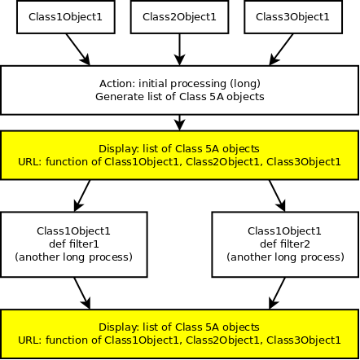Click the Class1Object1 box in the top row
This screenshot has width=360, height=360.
click(66, 17)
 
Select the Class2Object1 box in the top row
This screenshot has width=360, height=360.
click(179, 17)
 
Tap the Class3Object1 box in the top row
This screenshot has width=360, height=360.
click(293, 17)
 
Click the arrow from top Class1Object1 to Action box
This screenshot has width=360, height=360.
click(78, 50)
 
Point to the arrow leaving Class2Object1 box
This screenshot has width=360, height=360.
click(179, 50)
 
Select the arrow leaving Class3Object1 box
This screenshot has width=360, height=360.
click(281, 50)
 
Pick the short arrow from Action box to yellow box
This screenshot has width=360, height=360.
click(179, 123)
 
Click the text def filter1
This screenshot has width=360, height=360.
click(74, 244)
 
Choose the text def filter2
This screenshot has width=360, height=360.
click(285, 244)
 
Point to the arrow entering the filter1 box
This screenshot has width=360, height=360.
click(82, 195)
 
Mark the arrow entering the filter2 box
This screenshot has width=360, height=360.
click(277, 195)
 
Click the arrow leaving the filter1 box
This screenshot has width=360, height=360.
click(82, 293)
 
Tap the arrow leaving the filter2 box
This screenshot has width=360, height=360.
click(277, 293)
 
